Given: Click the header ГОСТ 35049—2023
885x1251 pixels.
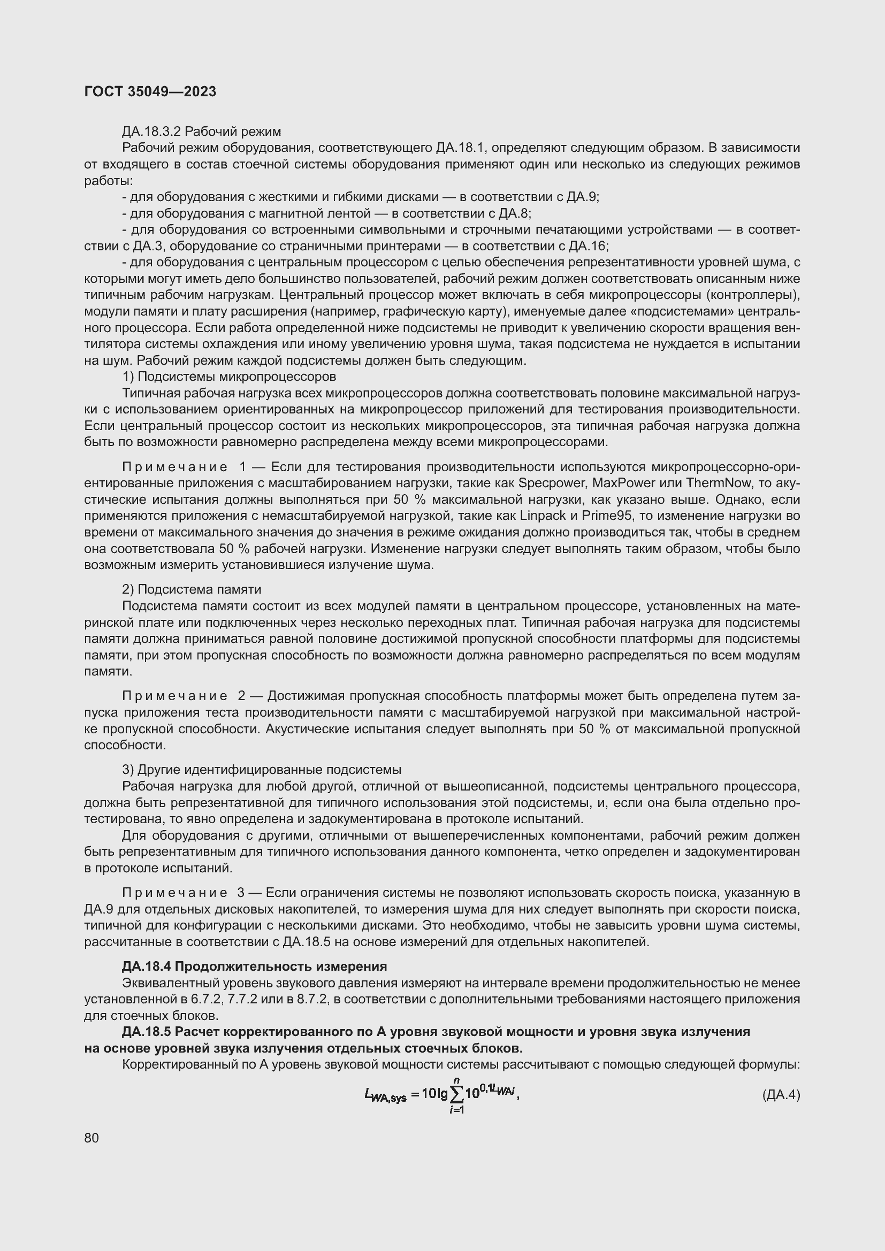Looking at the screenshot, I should (x=150, y=91).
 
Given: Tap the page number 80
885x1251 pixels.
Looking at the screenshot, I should (x=91, y=1138).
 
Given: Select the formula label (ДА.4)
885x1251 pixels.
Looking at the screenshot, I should (x=780, y=1095).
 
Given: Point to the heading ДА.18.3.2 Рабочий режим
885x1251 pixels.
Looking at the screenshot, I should (x=201, y=132).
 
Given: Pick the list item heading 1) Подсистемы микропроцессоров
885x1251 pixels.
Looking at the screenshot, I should (x=229, y=377).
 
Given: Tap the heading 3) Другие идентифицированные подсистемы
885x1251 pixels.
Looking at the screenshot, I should (x=262, y=770).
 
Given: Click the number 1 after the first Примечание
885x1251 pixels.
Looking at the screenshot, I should (x=243, y=467).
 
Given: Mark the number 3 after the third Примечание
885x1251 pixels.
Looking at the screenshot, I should (x=241, y=893).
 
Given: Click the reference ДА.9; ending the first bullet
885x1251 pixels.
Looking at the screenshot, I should (x=583, y=197).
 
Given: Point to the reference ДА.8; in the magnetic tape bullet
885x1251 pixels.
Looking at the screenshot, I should (x=515, y=213).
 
